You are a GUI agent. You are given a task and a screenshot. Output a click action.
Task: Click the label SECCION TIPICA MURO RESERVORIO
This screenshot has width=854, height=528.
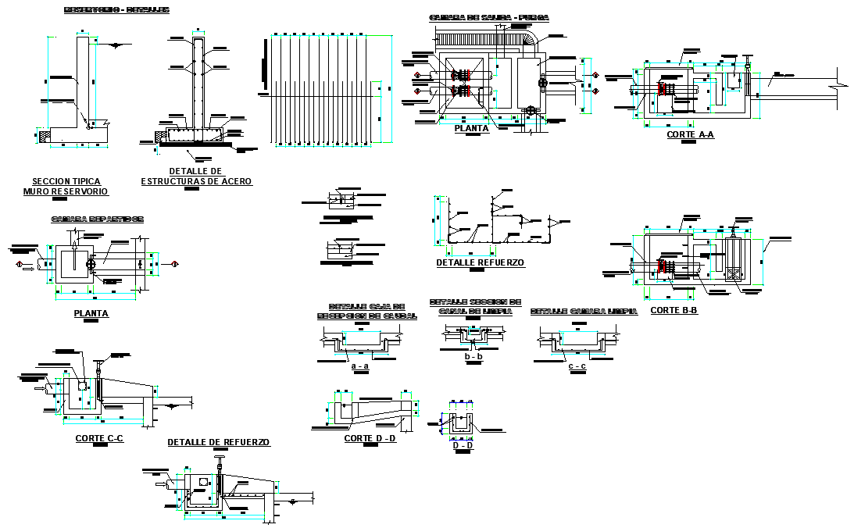[x=66, y=186]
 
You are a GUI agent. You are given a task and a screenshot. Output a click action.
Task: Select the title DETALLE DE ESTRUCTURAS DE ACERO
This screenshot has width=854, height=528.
[x=196, y=177]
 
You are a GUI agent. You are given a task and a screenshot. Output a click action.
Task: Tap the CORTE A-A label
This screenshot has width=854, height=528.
[x=690, y=134]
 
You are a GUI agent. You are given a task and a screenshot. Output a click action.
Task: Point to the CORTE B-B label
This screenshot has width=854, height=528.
[x=674, y=310]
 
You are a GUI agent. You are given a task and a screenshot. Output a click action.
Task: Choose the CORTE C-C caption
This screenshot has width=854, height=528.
[x=99, y=438]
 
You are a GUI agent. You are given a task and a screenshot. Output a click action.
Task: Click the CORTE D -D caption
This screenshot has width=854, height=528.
[x=370, y=438]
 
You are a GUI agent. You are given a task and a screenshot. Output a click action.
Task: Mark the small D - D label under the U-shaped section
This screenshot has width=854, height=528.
[x=463, y=445]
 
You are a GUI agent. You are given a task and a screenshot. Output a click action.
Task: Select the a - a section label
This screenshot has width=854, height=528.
[x=360, y=366]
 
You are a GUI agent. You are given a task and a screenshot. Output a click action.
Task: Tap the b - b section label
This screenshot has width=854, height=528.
[x=473, y=356]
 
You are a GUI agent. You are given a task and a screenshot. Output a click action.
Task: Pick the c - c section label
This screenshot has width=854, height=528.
[x=577, y=366]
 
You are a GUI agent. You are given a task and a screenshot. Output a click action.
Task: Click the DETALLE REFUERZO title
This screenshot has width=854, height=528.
[x=480, y=263]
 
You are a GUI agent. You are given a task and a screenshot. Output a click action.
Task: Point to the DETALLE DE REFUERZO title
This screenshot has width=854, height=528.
[x=219, y=442]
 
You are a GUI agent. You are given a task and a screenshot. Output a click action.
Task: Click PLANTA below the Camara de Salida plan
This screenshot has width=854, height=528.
[x=471, y=129]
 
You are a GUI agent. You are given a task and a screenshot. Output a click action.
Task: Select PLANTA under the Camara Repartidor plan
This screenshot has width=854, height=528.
[x=91, y=313]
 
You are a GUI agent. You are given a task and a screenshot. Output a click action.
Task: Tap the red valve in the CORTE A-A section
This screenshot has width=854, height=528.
[x=662, y=88]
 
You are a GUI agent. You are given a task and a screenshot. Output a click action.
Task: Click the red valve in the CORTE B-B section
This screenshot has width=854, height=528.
[x=663, y=266]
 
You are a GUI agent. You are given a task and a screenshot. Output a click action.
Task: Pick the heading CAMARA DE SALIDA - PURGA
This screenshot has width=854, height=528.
[x=488, y=17]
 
